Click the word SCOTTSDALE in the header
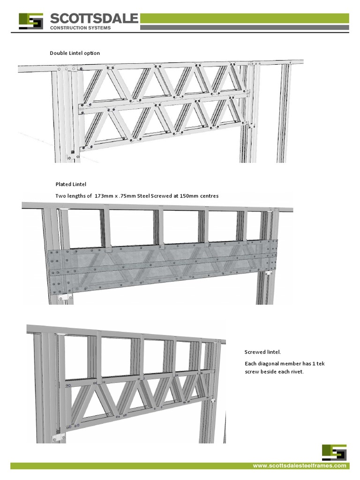click(94, 19)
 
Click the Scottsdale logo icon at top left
click(31, 22)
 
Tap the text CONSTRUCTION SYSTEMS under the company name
click(81, 28)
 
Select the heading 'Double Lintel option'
click(75, 53)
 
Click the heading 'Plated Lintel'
click(71, 185)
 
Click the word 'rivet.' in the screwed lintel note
click(296, 372)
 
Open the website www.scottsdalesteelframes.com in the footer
click(300, 466)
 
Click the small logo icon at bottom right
click(334, 452)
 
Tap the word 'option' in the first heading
click(92, 53)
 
